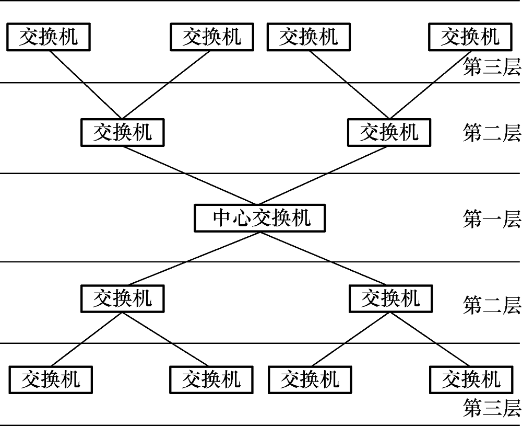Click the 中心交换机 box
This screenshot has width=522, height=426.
259,218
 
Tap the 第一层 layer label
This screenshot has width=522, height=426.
492,219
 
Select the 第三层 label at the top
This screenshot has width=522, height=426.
492,66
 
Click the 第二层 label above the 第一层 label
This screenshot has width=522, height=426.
492,132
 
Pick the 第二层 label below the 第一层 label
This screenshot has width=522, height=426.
492,305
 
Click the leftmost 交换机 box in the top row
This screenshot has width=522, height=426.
49,37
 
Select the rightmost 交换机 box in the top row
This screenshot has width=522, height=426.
470,37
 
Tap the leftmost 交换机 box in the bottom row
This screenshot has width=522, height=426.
51,380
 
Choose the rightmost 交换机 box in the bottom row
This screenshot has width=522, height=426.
471,380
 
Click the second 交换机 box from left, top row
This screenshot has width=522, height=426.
212,37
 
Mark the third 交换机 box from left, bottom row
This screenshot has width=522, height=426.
310,380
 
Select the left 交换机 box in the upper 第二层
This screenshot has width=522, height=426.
123,132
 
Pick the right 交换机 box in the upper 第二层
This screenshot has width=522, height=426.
389,132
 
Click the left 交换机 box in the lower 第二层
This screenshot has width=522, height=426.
123,298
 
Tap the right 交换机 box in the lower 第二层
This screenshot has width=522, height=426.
391,298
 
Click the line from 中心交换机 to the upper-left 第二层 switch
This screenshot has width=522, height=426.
190,175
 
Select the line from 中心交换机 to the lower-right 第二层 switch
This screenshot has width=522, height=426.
323,259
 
